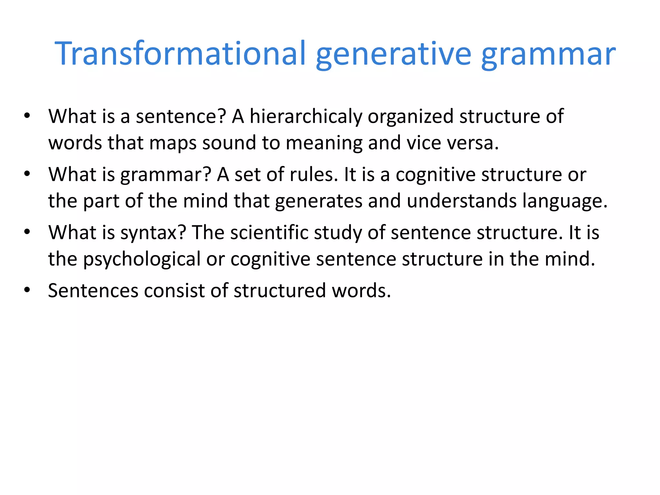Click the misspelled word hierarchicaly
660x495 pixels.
click(x=306, y=116)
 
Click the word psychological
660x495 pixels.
click(x=142, y=259)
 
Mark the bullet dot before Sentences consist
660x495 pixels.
click(x=27, y=290)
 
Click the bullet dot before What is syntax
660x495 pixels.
click(x=27, y=232)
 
